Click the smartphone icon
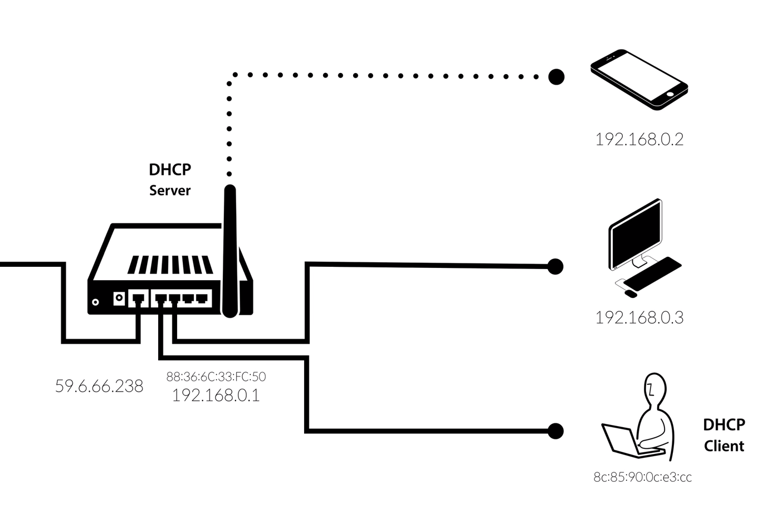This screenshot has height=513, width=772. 638,79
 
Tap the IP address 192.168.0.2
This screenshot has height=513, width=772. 639,139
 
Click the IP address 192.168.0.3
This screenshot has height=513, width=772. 639,317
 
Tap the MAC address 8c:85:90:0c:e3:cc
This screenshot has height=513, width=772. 642,477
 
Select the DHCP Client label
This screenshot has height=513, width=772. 724,435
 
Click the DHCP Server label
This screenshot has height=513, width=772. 170,179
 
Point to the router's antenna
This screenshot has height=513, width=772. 229,251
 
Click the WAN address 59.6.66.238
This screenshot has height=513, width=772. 99,386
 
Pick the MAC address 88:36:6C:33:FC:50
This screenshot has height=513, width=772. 216,377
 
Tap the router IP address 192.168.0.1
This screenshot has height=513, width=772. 216,395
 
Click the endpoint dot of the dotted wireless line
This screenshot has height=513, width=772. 556,76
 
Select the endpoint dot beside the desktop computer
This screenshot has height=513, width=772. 555,266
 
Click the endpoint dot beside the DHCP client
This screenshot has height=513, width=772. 555,431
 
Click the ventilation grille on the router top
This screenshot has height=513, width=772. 170,265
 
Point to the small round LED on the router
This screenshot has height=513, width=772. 95,302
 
